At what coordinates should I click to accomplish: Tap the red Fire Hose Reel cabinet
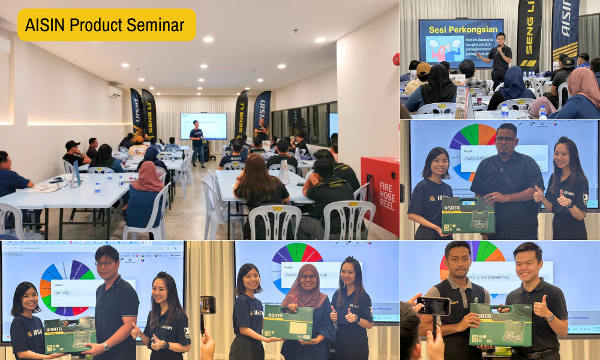click(380, 195)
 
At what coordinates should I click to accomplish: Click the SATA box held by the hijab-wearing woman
click(288, 322)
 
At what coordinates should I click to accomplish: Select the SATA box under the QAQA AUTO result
click(468, 215)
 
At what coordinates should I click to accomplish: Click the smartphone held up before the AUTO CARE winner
click(434, 306)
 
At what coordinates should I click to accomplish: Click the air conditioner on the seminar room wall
click(114, 91)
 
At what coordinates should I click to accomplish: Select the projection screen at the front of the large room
click(203, 125)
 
